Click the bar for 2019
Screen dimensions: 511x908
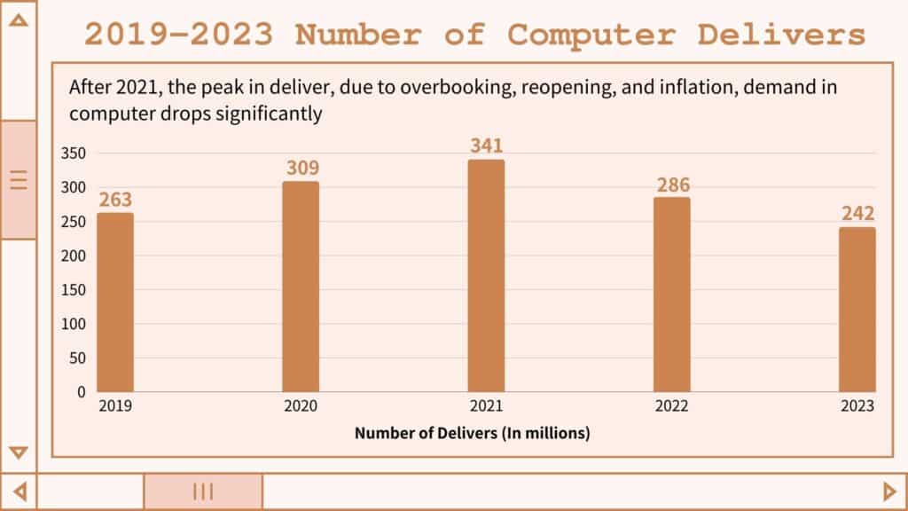tap(115, 303)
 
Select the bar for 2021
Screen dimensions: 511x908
tap(486, 276)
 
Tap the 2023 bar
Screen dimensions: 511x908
tap(857, 310)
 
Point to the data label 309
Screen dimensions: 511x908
tap(301, 168)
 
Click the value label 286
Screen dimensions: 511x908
tap(672, 185)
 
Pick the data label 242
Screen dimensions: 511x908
tap(857, 214)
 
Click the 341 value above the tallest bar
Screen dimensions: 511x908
tap(487, 145)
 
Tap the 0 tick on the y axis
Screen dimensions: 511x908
tap(81, 391)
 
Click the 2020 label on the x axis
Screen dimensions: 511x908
tap(301, 406)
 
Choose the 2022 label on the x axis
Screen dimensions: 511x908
tap(671, 406)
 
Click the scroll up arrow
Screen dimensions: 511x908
tap(18, 20)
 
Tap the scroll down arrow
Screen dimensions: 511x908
tap(18, 452)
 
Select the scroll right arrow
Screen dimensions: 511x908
tap(889, 491)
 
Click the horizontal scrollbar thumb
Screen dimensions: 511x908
tap(203, 491)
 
